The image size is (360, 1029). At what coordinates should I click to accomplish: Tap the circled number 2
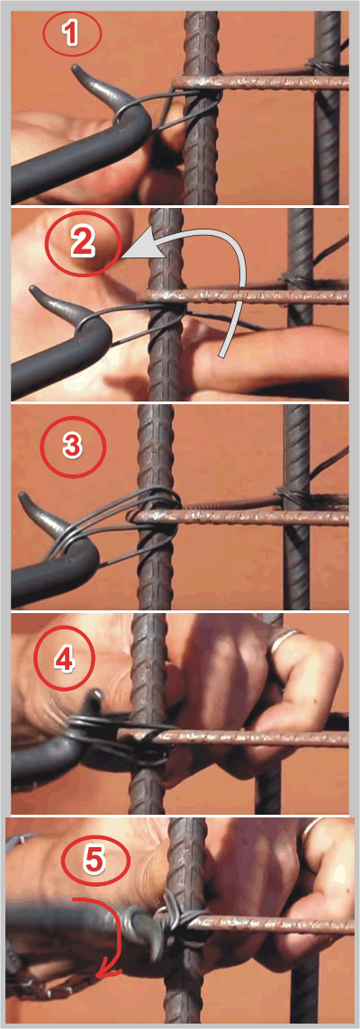point(84,243)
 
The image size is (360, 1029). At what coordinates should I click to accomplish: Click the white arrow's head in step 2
point(137,250)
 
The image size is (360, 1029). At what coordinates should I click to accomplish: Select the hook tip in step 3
point(23,496)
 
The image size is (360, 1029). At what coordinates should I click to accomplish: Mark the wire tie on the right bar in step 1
point(322,68)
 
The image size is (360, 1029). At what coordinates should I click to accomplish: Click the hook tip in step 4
point(98,696)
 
